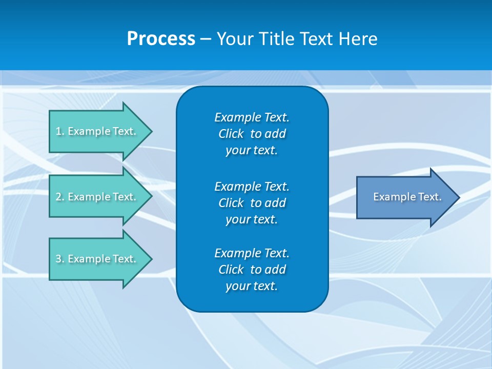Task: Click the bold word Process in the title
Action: coord(161,39)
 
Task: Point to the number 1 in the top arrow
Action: coord(58,131)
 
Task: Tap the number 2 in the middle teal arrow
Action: coord(58,197)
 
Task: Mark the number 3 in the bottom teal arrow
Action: coord(58,259)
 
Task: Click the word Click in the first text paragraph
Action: coord(231,134)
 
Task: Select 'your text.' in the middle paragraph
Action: coord(252,219)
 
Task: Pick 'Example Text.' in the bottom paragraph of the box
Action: coord(252,253)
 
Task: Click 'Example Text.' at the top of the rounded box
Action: coord(252,117)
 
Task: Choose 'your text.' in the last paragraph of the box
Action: coord(252,286)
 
